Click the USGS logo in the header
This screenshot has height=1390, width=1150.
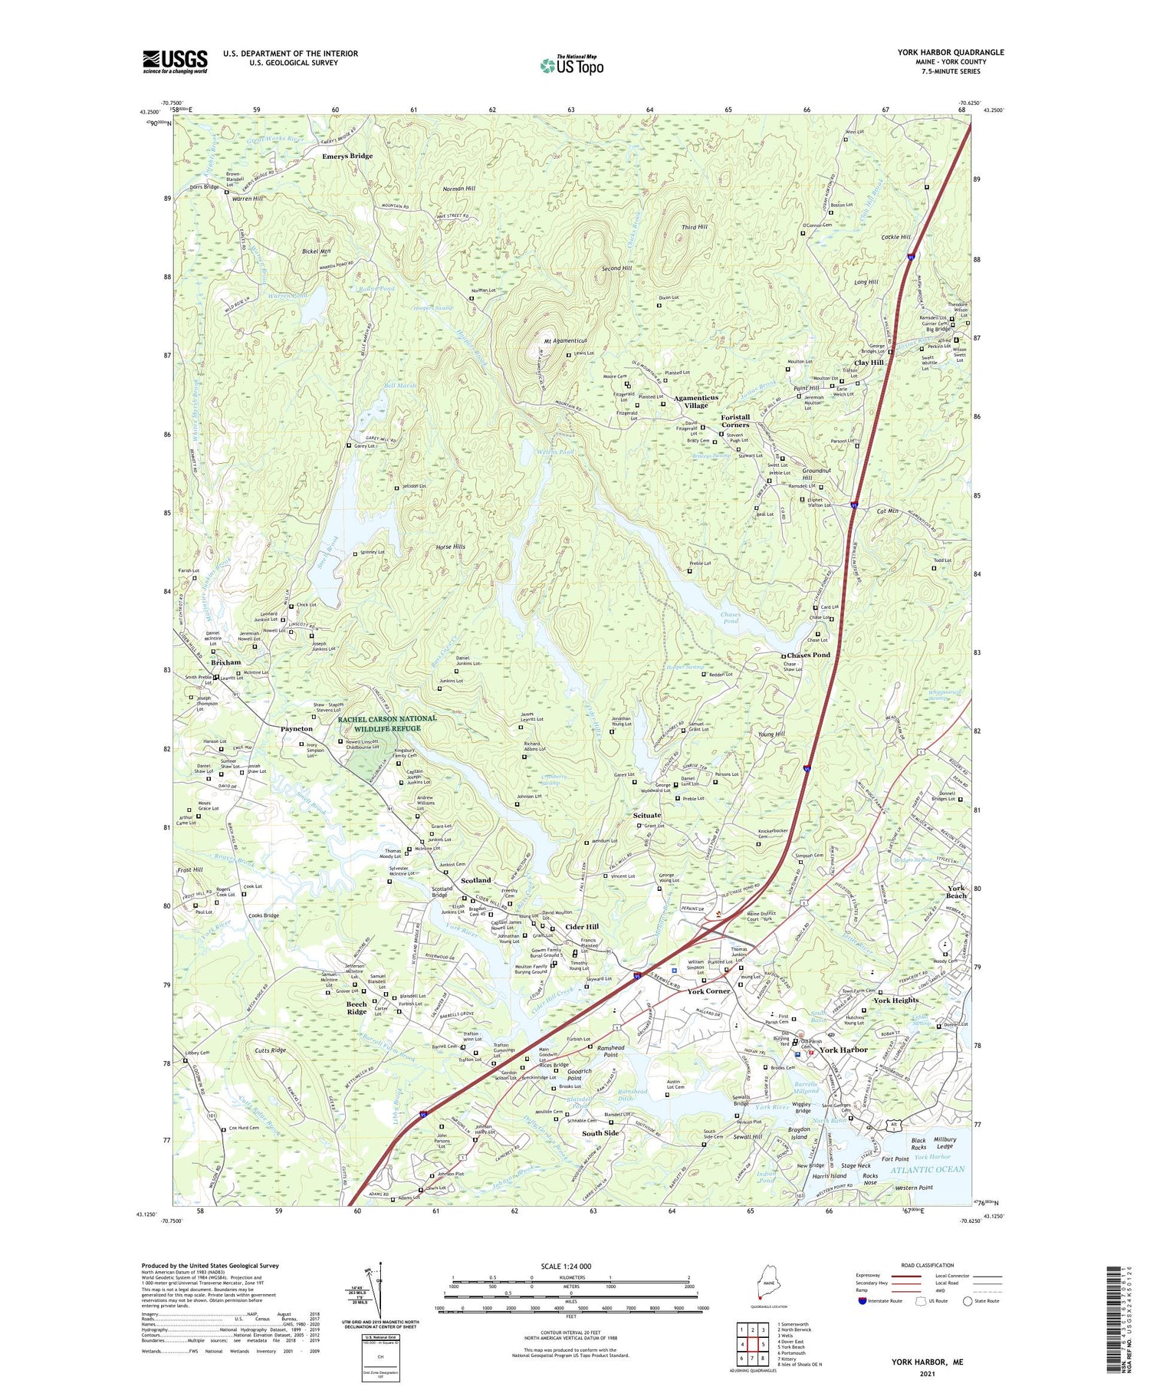(175, 61)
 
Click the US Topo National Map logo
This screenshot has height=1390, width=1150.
(571, 66)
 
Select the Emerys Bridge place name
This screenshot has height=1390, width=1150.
(347, 156)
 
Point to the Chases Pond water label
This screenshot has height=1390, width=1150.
(730, 618)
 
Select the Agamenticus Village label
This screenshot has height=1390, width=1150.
(696, 401)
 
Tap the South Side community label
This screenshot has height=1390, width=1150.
(600, 1133)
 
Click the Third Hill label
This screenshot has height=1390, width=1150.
(694, 227)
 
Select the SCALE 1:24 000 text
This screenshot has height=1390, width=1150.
(570, 1267)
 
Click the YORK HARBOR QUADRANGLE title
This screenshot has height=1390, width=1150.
(951, 52)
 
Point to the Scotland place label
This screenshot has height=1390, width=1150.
(475, 880)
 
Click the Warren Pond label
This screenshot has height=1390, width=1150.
(287, 296)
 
